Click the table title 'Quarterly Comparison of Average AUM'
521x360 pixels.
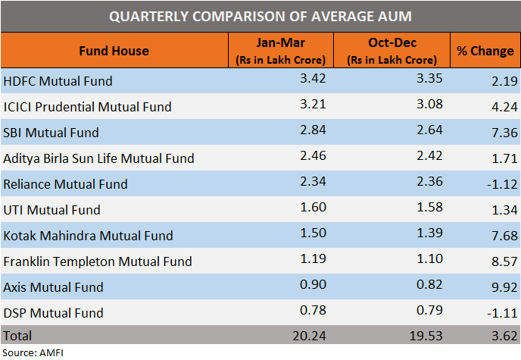(260, 16)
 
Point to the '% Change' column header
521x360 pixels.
(485, 51)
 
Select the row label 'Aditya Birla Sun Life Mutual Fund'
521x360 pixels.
(99, 158)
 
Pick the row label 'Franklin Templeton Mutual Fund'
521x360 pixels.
(98, 261)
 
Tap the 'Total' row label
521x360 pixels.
(19, 334)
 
